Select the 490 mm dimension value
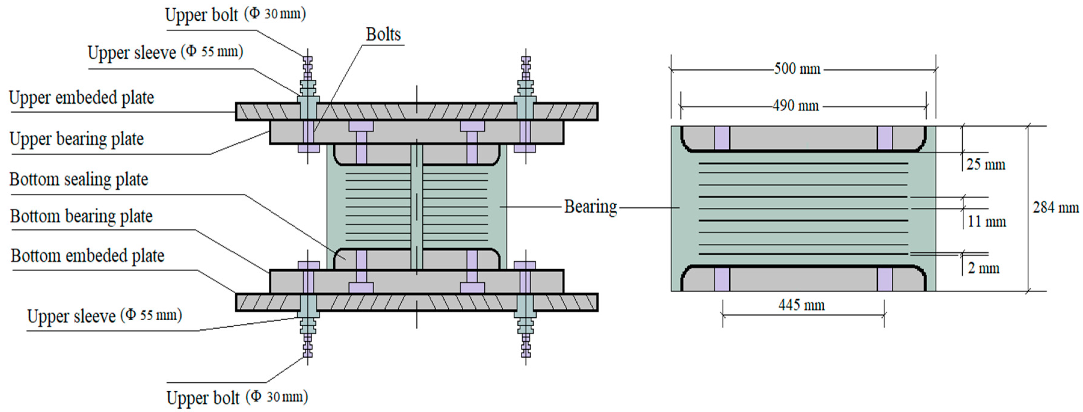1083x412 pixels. pos(795,105)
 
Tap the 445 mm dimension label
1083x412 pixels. pos(801,305)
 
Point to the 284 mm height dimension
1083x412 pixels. pos(1056,207)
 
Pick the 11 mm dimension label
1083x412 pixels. pos(986,222)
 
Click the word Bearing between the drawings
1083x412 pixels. pos(590,207)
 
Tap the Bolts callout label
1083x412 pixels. pos(383,35)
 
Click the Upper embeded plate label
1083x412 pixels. pos(82,98)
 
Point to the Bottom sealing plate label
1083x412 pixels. pos(79,180)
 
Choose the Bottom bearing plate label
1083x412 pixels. pos(81,217)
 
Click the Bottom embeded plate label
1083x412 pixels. pos(88,256)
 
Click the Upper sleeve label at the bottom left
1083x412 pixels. pos(104,316)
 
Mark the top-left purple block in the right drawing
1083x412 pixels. pos(722,138)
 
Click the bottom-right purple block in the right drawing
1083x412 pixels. pos(884,279)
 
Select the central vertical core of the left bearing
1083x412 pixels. pos(416,206)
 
